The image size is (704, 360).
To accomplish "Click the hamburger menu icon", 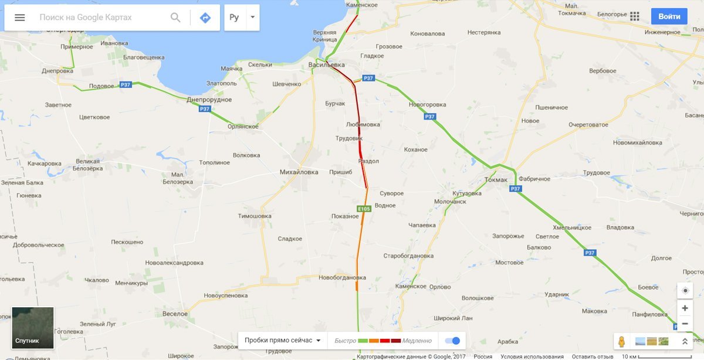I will click(19, 18).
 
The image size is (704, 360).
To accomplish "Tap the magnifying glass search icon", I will click(175, 18).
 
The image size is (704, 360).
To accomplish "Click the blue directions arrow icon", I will click(205, 18).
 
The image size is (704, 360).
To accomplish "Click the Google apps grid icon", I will click(634, 16).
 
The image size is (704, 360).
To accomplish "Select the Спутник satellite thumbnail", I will click(33, 328).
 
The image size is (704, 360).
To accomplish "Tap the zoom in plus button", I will click(685, 308).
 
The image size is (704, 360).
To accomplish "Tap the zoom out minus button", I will click(685, 323).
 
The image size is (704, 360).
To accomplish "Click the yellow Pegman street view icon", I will click(622, 341).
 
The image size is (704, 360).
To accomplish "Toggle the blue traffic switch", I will click(452, 341).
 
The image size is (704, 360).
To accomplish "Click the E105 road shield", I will click(364, 208).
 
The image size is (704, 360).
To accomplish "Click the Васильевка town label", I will click(327, 64).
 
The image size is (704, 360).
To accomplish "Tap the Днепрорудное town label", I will click(209, 99).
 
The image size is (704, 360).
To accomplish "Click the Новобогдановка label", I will click(342, 277).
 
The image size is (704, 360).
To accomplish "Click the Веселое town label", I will click(175, 314).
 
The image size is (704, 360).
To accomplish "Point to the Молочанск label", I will click(449, 201).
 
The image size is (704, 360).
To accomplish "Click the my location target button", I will click(685, 290).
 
